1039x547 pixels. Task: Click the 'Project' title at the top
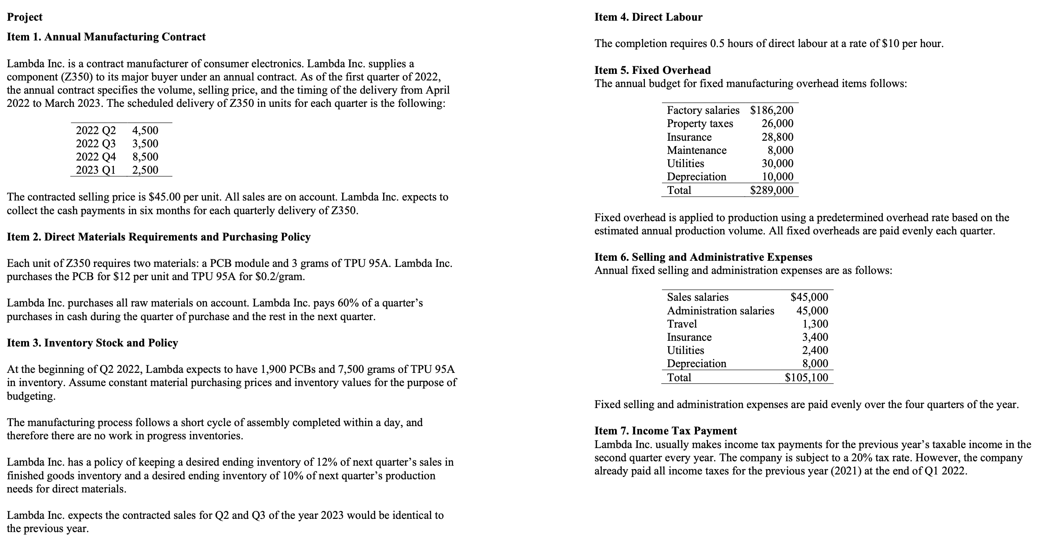(25, 17)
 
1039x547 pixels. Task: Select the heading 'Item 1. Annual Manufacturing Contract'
(106, 37)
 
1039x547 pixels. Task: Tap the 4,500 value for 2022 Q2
(145, 130)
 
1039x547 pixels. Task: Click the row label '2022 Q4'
(95, 157)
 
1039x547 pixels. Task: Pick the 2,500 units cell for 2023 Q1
(145, 170)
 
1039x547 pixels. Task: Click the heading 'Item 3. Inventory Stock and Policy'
(92, 343)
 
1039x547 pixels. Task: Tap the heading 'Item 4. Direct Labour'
(648, 17)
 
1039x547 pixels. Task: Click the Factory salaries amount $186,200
(772, 110)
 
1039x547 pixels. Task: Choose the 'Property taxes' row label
(700, 124)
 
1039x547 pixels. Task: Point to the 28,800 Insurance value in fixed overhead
(777, 137)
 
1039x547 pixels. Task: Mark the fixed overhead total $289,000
(772, 190)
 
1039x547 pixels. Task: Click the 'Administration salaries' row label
(721, 311)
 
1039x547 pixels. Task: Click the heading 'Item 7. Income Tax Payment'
(666, 431)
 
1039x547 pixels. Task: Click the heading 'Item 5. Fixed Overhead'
(652, 70)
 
